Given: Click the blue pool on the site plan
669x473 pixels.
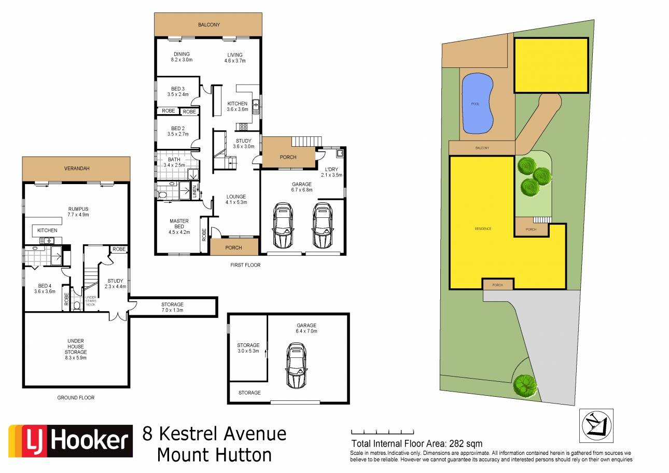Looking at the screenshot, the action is point(477,103).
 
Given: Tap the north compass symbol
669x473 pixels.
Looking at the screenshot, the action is point(596,425).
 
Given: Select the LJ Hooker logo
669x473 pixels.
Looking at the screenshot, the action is point(71,441).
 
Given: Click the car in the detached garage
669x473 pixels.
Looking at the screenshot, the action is point(296,365).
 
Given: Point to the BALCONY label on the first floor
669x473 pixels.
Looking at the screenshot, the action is point(209,25).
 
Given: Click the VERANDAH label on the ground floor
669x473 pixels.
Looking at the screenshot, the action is point(77,169).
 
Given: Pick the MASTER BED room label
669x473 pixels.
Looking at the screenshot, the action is point(179,224).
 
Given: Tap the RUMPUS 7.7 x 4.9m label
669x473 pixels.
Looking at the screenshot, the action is point(78,212).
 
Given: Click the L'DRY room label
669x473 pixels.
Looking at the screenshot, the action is point(331,169).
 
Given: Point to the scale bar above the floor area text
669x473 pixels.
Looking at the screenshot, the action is point(383,432).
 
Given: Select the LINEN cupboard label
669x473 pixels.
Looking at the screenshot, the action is point(194,191).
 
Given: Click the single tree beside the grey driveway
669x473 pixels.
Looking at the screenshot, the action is point(525,386).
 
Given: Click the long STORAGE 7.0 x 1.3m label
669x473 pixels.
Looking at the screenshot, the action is point(172,307).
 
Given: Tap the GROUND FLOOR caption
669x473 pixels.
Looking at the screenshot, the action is point(76,398).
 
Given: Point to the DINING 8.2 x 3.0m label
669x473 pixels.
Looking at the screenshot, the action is point(182,57).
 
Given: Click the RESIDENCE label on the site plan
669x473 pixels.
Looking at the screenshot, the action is point(483,229).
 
